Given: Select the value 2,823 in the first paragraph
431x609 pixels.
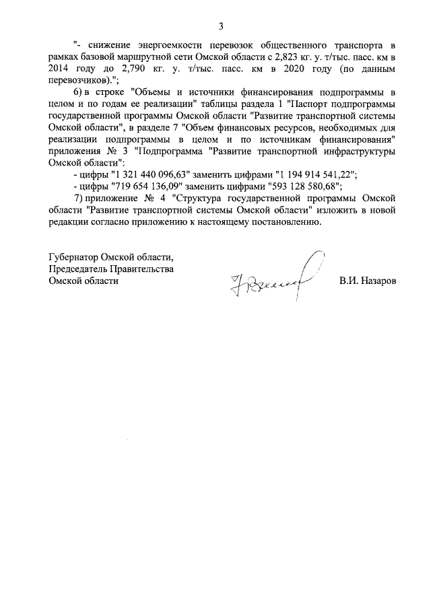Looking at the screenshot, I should [x=273, y=57].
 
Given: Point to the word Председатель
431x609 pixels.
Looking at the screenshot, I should [x=81, y=269].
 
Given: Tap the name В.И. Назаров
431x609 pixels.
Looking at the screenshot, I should [x=368, y=281].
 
